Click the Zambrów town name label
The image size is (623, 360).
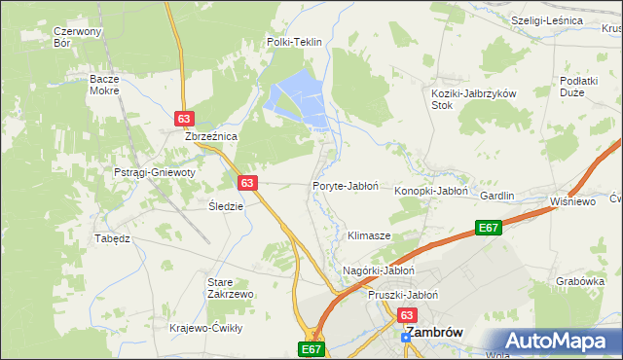coord(433,332)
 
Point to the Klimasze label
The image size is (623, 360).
coord(369,236)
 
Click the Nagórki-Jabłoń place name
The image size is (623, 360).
coord(380,270)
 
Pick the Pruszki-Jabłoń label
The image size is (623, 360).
coord(403,295)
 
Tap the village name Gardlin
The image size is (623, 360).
coord(496,196)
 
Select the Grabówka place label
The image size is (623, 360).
coord(575,282)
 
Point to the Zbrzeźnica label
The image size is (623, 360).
coord(212,137)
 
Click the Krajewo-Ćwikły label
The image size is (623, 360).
coord(205,328)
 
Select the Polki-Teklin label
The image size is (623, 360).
coord(294,43)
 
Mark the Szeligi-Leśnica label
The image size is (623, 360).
coord(546,20)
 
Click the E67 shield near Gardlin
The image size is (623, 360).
coord(489,228)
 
